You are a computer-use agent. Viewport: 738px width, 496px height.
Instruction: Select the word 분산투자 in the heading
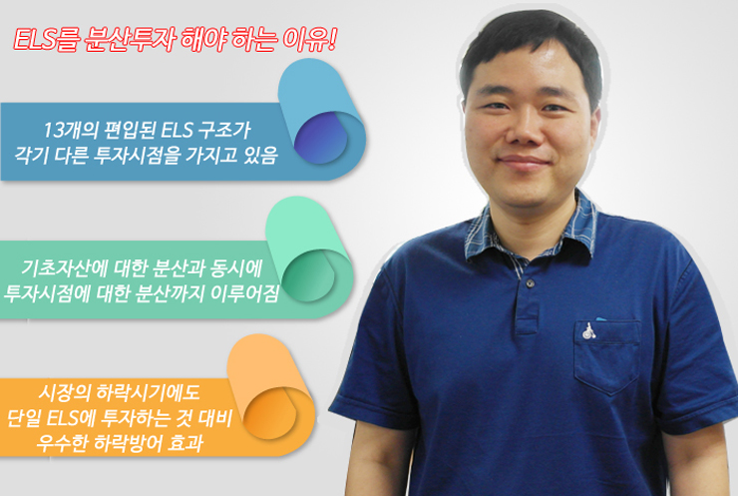130,39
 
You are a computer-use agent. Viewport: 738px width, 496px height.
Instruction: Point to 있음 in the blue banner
260,155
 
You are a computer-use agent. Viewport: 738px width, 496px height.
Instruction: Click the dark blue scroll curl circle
320,138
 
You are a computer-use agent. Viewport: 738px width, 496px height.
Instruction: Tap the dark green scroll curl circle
308,275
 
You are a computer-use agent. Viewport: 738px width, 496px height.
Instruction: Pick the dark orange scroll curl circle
269,413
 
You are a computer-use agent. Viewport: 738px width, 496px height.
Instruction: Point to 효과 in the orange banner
185,443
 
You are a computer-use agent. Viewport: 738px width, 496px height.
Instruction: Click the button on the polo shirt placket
530,283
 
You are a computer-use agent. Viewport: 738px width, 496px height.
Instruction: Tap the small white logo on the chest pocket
588,331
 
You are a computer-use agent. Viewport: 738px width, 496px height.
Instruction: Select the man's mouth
524,163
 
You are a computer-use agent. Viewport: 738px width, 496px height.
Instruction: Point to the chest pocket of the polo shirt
607,356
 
